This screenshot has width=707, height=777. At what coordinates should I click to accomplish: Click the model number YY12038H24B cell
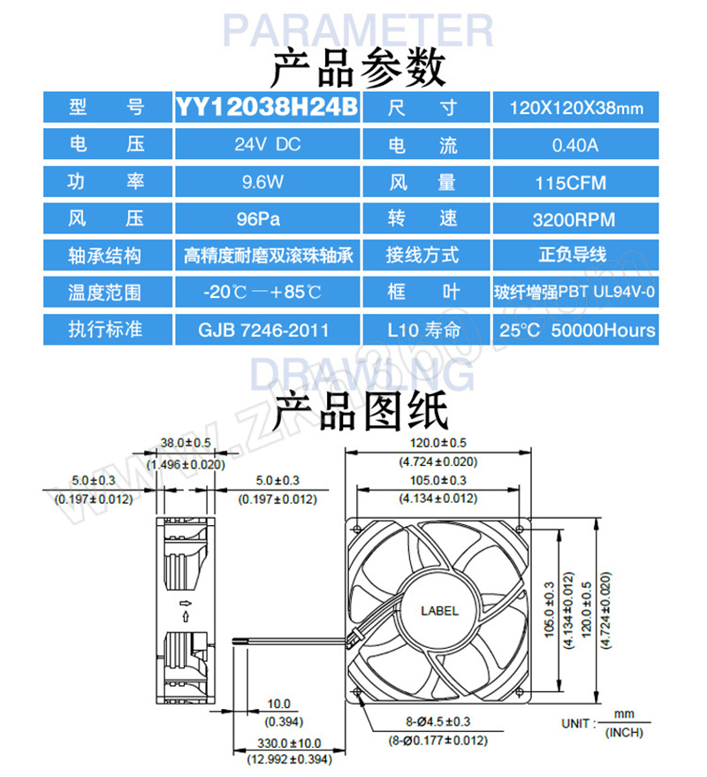click(267, 107)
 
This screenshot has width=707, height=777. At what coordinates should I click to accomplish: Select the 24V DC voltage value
click(267, 144)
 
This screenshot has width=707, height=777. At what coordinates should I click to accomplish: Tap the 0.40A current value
click(575, 145)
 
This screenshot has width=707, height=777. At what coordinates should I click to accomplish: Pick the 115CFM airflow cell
click(575, 183)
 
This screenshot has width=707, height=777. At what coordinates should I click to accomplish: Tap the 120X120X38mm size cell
click(575, 108)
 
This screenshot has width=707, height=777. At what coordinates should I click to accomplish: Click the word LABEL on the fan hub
click(439, 611)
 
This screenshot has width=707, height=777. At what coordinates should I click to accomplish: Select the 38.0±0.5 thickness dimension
click(186, 443)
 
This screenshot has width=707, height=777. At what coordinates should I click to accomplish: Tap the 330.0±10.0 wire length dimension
click(289, 743)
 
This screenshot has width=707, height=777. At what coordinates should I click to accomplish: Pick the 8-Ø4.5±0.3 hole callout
click(438, 721)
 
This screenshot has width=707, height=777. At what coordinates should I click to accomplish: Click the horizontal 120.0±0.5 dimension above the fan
click(438, 443)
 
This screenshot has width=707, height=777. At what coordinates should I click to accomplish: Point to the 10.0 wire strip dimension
click(279, 704)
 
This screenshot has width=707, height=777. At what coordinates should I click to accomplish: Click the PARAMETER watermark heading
click(358, 30)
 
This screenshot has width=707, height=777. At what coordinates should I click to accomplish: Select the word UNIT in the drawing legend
click(575, 723)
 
